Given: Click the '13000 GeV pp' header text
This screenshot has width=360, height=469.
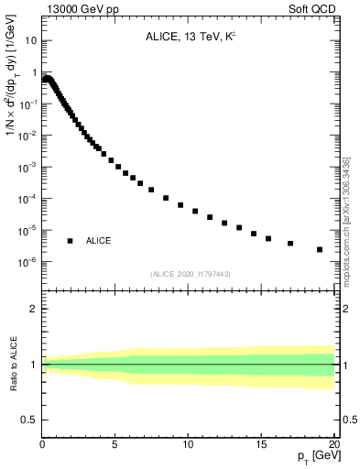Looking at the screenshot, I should (82, 10).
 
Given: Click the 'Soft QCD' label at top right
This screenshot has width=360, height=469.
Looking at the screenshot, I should (313, 10).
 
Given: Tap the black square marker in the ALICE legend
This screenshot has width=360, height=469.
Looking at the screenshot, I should (70, 241).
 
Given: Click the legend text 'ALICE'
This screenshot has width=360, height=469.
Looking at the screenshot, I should (99, 241).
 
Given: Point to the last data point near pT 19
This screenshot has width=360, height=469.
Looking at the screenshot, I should (320, 249).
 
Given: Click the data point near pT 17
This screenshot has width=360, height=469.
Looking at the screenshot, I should (290, 244).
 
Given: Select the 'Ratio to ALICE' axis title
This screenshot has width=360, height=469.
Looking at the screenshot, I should (12, 365).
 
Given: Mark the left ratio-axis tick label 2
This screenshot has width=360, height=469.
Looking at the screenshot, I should (33, 309).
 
